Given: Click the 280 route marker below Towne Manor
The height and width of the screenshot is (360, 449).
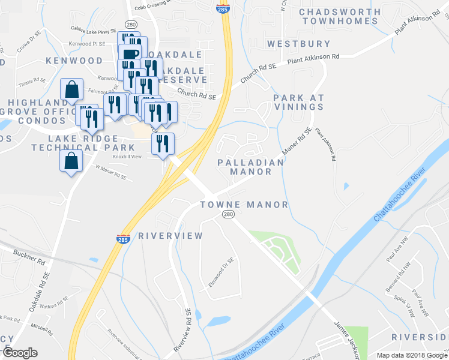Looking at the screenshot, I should [228, 215].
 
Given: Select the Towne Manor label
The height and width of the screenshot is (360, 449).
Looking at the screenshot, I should [244, 205].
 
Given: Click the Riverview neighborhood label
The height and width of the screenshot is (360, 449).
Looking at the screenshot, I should [170, 236].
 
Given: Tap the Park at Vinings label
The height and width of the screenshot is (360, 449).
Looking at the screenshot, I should [298, 102].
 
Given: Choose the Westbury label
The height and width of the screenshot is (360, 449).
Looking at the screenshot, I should [298, 44].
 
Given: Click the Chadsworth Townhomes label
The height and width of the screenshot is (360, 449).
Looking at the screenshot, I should [340, 16].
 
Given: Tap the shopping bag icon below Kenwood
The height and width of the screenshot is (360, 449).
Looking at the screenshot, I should [72, 89].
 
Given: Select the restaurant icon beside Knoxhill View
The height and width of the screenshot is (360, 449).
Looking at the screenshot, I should [163, 144].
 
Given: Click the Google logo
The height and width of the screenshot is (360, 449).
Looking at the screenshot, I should [20, 353].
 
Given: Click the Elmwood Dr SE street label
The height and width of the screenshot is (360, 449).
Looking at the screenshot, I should [221, 272].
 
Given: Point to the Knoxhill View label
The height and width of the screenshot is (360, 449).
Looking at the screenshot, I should [127, 157].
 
